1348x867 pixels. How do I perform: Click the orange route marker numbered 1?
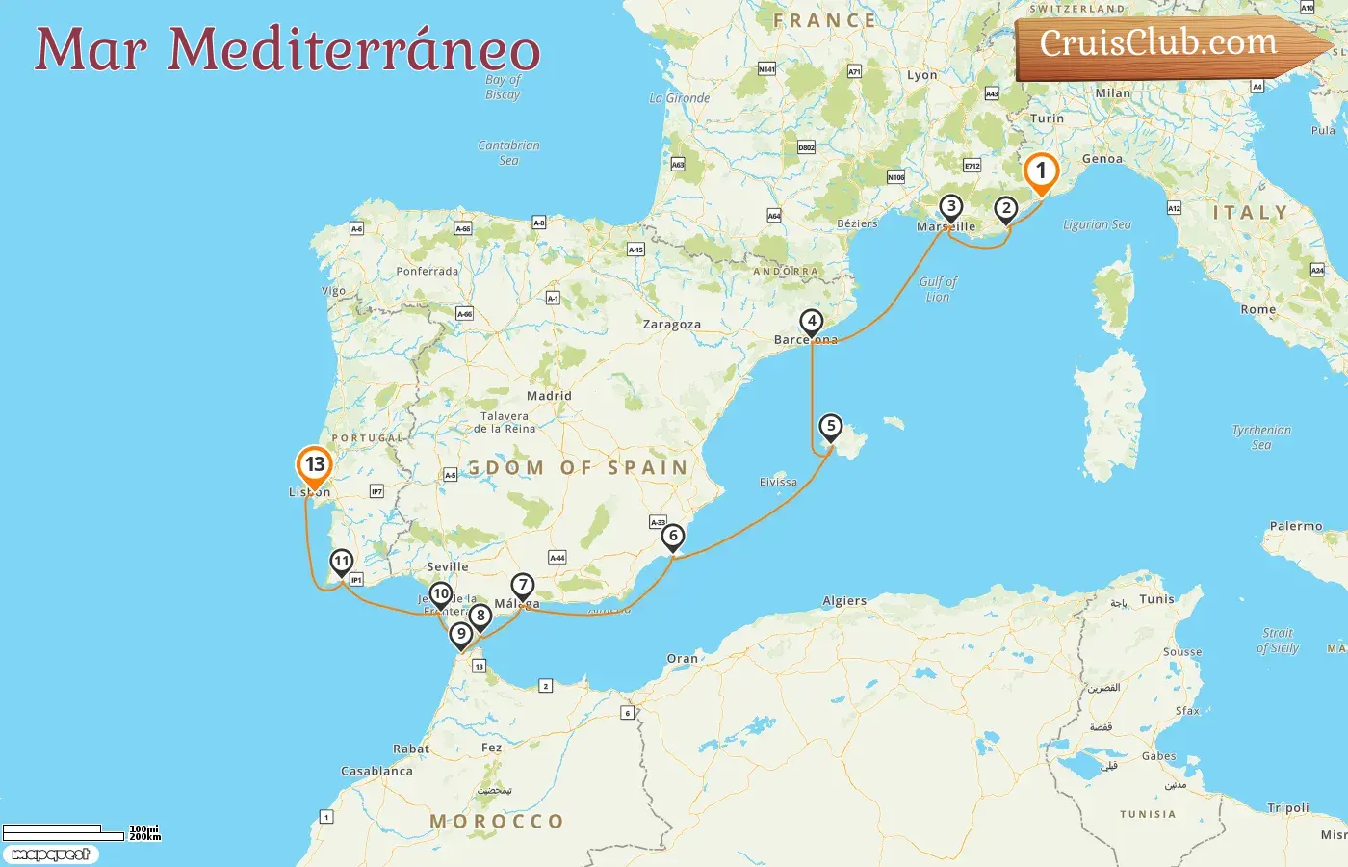point(1040,172)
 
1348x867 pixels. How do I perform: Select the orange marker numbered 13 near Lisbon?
point(314,465)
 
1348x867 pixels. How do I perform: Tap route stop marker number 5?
point(830,427)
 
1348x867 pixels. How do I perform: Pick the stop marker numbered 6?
point(673,537)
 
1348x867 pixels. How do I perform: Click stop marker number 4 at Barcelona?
point(812,322)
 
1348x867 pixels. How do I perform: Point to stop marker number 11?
point(342,562)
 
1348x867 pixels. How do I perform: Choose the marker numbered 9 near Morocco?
point(461,634)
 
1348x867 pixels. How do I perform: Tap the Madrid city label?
point(549,396)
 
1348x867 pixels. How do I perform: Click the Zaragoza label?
point(672,325)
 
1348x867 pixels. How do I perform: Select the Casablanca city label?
point(376,771)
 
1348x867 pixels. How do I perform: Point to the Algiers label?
point(844,601)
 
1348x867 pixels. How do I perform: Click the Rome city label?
point(1258,309)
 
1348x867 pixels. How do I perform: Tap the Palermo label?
point(1296,526)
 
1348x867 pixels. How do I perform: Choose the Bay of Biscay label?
point(503,87)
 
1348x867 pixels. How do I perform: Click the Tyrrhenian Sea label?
point(1261,437)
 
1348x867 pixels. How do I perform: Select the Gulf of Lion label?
point(938,289)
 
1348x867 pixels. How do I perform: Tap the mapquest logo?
point(50,854)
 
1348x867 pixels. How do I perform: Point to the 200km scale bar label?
point(145,837)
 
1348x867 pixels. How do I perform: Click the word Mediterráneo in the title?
point(354,50)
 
